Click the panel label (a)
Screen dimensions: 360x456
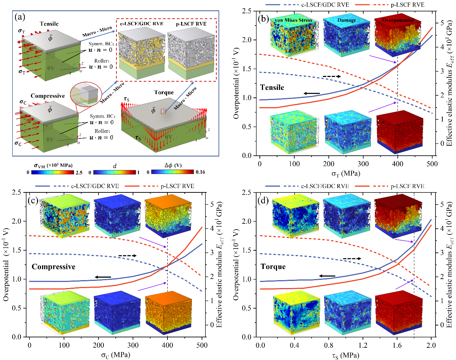pyautogui.click(x=19, y=17)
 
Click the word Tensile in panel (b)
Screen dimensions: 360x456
pyautogui.click(x=272, y=87)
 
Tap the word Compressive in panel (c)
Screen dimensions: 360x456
pyautogui.click(x=54, y=267)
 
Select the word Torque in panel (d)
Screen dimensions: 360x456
pyautogui.click(x=273, y=267)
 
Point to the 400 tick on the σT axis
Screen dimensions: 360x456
pyautogui.click(x=397, y=164)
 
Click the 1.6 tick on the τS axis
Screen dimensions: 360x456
pyautogui.click(x=397, y=345)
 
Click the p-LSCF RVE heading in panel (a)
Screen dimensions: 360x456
pyautogui.click(x=191, y=24)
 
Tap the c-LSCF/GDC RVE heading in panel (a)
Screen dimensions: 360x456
pyautogui.click(x=142, y=24)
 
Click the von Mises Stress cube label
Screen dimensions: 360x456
pyautogui.click(x=294, y=20)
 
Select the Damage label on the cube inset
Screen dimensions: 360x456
pyautogui.click(x=347, y=20)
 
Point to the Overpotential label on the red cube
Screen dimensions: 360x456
pyautogui.click(x=398, y=20)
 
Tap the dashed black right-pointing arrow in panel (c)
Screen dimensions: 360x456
pyautogui.click(x=127, y=256)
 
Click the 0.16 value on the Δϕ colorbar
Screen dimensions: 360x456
pyautogui.click(x=200, y=172)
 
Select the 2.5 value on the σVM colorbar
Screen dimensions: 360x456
pyautogui.click(x=79, y=172)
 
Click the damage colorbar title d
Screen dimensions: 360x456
pyautogui.click(x=115, y=166)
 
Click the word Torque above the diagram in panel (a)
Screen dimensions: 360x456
pyautogui.click(x=164, y=92)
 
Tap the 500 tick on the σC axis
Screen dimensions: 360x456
pyautogui.click(x=202, y=345)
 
